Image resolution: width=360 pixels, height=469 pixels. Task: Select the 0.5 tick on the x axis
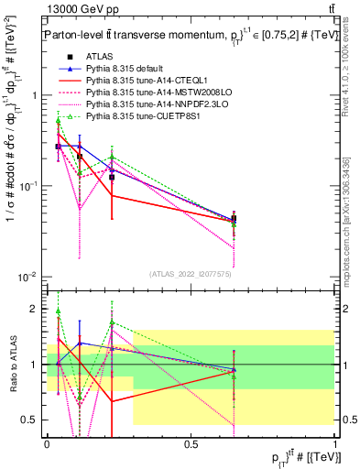[191, 442]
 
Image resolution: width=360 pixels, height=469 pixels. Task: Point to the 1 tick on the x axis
[334, 442]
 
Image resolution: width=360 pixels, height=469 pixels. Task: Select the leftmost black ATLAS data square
[59, 147]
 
